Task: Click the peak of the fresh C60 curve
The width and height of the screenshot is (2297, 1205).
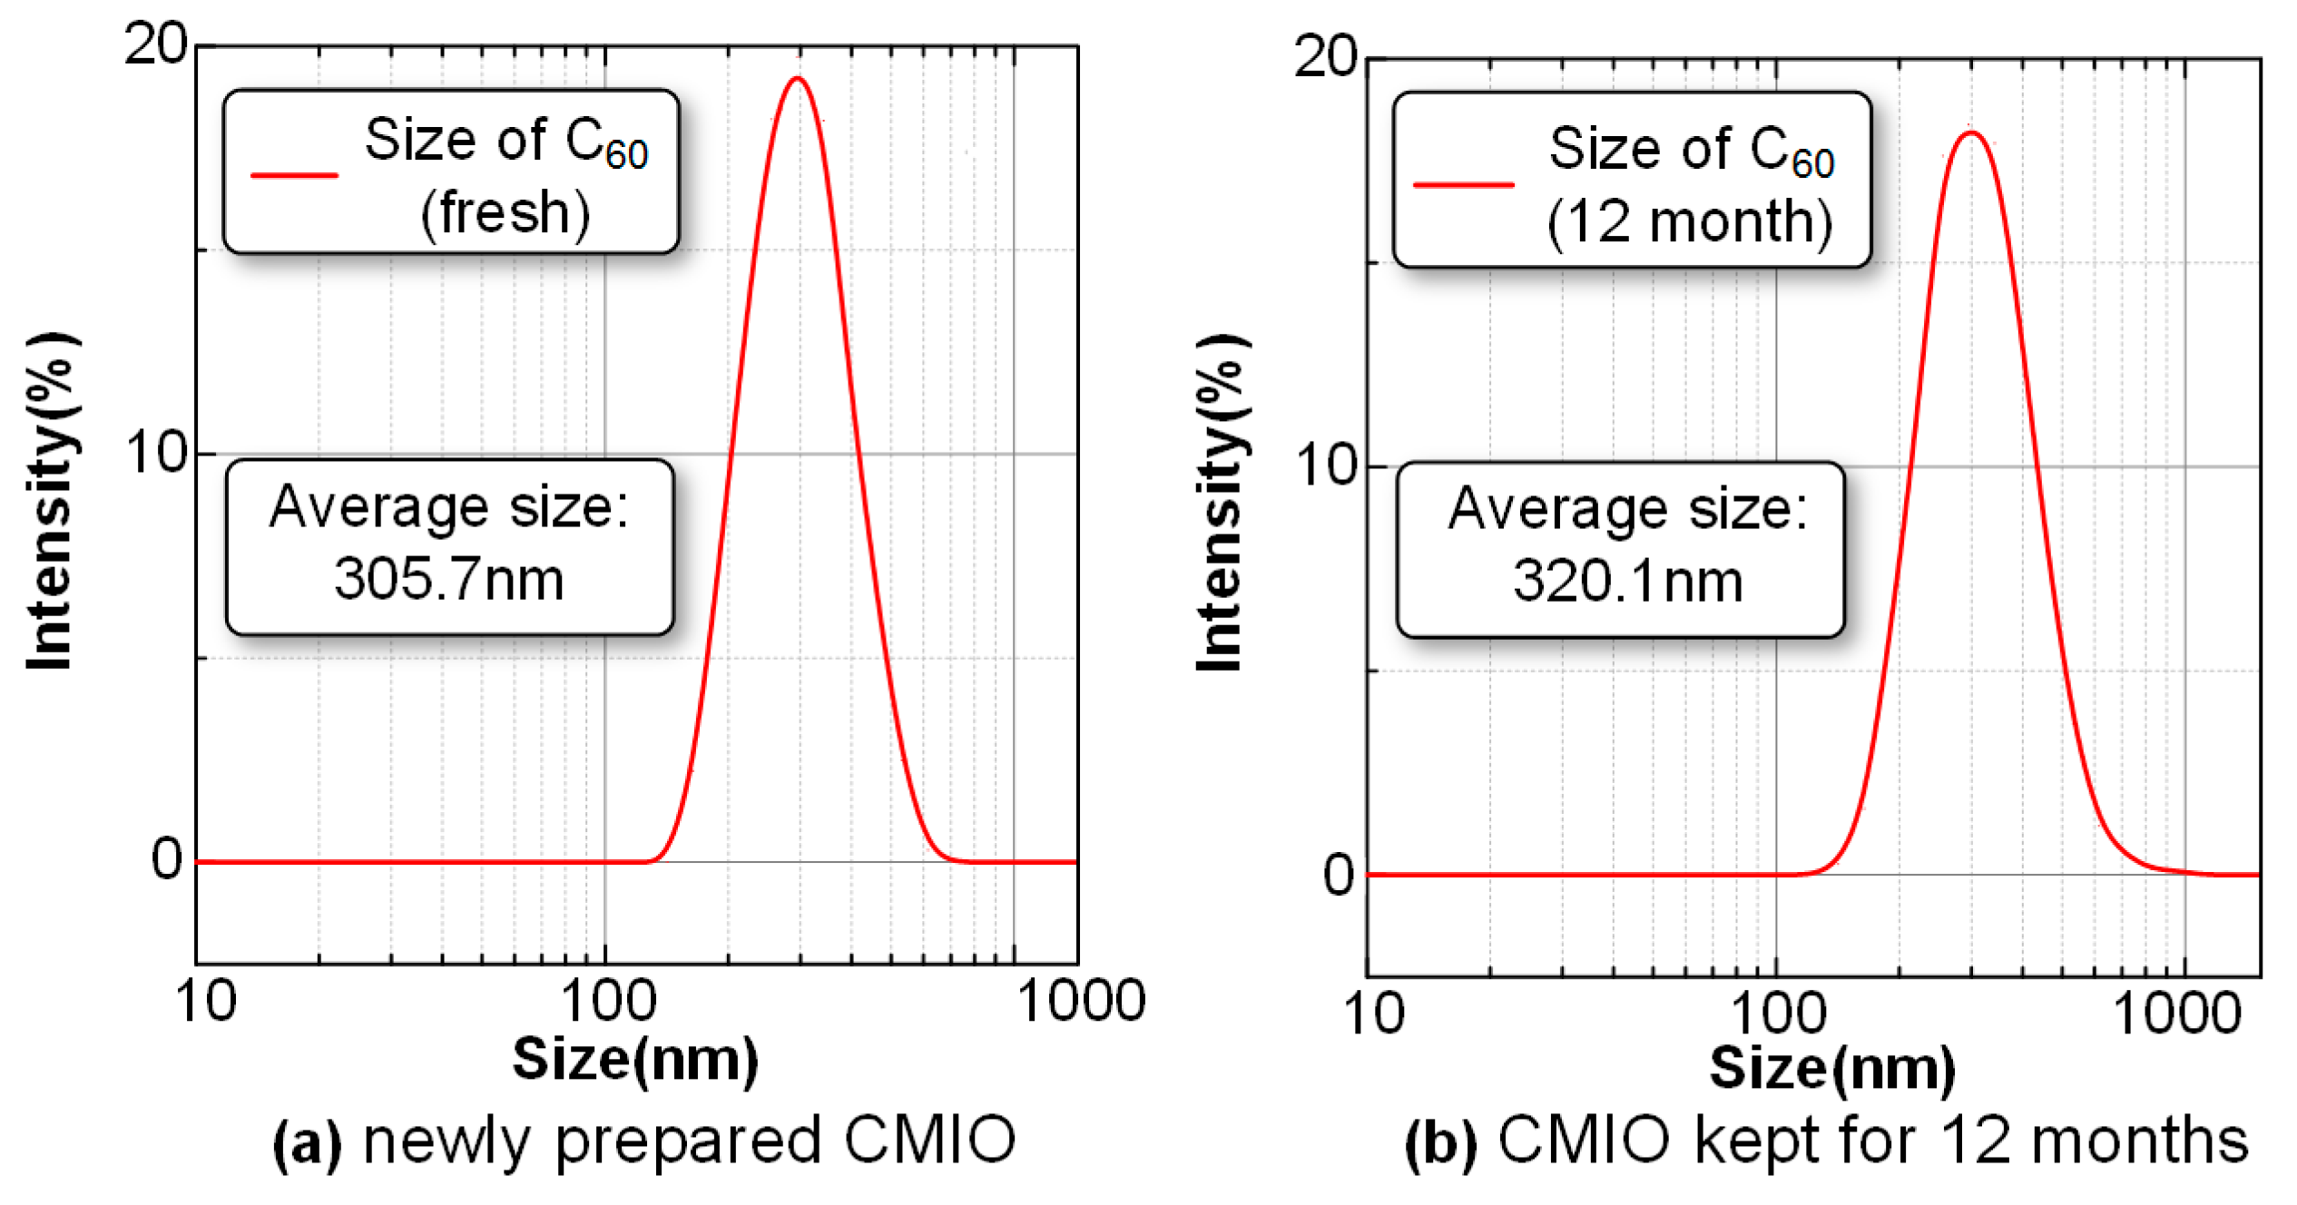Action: pos(798,79)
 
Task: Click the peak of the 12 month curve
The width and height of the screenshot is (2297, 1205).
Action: pos(1970,133)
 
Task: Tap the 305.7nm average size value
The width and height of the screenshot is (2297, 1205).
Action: pos(448,579)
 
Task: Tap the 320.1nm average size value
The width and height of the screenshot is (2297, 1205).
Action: pos(1627,581)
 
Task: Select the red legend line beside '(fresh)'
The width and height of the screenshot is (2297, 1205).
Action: pos(294,174)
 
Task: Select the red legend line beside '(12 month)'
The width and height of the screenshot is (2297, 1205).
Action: pos(1463,184)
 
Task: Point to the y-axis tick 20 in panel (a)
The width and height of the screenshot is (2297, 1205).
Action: pos(155,43)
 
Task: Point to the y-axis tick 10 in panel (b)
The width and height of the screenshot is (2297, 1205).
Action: pos(1324,465)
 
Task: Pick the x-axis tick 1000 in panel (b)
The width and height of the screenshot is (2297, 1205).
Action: pos(2176,1014)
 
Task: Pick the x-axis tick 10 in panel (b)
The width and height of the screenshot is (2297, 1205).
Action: pos(1374,1014)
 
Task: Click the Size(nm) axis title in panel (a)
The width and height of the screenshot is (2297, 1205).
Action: pos(635,1060)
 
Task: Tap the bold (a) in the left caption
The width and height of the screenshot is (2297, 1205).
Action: pos(308,1142)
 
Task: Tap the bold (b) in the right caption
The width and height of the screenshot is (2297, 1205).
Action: pos(1440,1142)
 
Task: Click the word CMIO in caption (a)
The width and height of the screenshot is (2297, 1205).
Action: pos(929,1141)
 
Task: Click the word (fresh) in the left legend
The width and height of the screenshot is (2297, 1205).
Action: pos(506,214)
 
